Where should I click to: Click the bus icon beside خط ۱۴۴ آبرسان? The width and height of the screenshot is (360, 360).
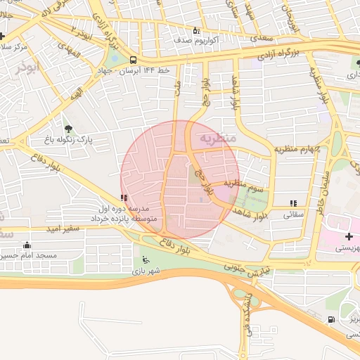(x=133, y=60)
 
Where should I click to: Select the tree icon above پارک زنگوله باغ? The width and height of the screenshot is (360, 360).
(x=68, y=128)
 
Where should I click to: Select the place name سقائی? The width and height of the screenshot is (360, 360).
(x=292, y=216)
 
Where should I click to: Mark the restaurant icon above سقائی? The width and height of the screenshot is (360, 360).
(x=292, y=203)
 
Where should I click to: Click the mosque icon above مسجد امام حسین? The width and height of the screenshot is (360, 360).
(x=27, y=245)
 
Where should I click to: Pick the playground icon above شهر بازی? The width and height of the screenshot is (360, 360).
(x=146, y=259)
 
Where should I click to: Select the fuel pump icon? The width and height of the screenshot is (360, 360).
(x=330, y=320)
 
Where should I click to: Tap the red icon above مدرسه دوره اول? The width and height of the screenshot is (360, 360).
(x=124, y=198)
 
